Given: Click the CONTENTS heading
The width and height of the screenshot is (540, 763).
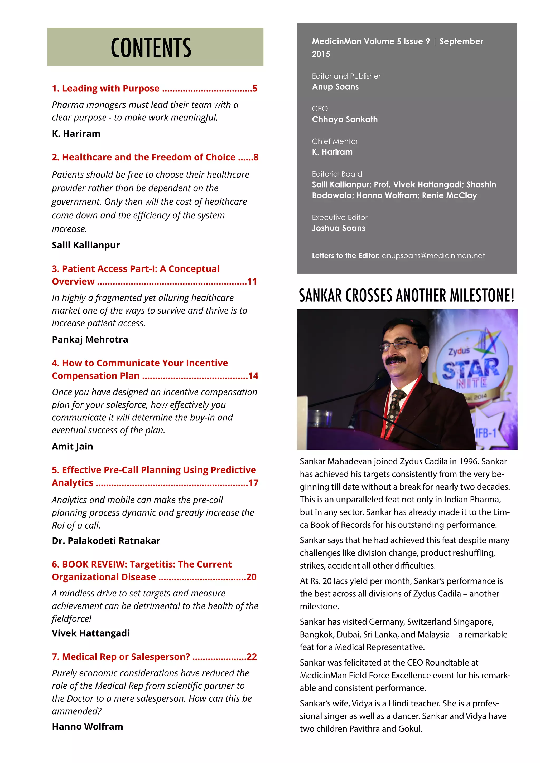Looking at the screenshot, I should pos(151,47).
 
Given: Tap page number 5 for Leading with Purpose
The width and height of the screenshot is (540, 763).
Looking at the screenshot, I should pos(255,89).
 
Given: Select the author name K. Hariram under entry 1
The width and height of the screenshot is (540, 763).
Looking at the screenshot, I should pos(76,134).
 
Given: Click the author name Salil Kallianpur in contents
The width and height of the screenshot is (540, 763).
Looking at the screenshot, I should pos(86,245).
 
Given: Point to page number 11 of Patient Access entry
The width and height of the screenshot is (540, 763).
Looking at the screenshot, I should pos(252,281).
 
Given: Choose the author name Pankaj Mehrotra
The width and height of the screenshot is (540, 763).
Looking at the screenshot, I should pos(90,339).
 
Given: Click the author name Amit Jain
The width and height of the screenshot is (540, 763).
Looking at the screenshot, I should pos(73,446).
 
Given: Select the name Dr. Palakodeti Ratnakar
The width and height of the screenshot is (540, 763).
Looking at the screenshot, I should pos(106,541).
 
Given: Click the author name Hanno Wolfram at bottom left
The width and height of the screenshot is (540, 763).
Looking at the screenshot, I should pos(88,726).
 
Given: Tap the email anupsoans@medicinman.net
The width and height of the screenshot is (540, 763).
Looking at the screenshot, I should pos(433,256).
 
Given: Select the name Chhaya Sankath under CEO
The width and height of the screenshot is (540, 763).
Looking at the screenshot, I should pos(344,119).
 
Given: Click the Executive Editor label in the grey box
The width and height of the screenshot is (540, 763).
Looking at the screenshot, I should pos(340,217).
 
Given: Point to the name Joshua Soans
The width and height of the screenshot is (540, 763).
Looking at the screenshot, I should pos(339,228).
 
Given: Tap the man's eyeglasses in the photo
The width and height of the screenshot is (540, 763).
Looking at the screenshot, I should pos(399,346).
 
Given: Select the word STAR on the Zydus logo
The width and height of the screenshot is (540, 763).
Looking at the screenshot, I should pos(470,369).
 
